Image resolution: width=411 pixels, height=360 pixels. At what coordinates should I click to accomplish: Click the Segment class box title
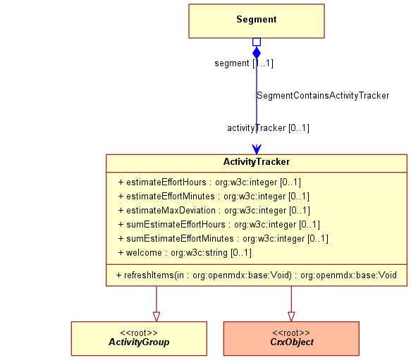257,20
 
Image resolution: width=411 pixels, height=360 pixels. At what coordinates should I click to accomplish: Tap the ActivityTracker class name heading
257,161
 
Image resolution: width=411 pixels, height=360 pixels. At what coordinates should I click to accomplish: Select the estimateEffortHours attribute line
209,182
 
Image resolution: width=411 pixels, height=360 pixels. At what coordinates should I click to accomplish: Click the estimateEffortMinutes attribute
214,197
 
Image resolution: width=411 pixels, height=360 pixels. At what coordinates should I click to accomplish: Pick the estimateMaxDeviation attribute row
214,211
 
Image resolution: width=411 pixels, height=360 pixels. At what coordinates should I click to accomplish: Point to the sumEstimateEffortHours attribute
219,225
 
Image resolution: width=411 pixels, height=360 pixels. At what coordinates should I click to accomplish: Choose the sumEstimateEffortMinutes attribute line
223,239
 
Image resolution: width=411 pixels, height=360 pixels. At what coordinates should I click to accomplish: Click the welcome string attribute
185,253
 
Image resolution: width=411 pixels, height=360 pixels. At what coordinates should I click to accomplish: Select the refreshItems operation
257,275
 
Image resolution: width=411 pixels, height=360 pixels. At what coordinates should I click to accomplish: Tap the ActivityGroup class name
139,342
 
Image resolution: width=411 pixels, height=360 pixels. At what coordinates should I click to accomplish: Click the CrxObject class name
292,342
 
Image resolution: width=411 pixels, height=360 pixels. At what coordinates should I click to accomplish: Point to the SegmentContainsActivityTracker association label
323,95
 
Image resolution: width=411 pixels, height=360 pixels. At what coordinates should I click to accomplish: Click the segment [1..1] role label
244,63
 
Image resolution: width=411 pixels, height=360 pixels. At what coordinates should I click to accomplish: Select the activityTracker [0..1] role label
268,128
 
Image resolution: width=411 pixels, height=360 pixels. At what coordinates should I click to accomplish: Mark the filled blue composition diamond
257,53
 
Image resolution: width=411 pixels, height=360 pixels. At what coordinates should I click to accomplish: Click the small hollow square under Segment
257,42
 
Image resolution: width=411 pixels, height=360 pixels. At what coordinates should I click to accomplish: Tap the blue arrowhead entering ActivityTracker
257,149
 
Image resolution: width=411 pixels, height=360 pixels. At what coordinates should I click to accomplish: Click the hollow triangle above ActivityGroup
157,316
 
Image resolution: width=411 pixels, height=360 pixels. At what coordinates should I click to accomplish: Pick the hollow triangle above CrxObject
291,316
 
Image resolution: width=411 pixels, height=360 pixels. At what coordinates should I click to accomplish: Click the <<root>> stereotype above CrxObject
291,333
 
